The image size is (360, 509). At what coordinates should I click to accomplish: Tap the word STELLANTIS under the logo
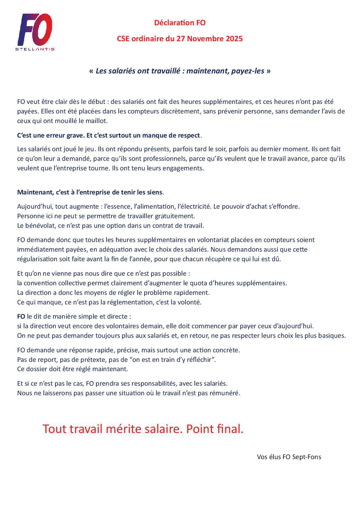click(x=35, y=49)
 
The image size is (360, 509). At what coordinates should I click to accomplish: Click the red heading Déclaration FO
click(x=180, y=23)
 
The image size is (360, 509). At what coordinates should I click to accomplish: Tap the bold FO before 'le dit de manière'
click(x=21, y=316)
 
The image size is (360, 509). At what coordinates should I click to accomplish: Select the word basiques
click(x=333, y=335)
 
